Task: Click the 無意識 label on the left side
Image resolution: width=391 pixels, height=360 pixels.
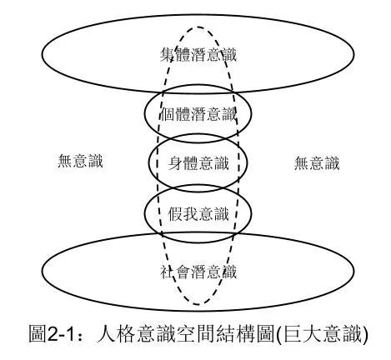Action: coord(76,162)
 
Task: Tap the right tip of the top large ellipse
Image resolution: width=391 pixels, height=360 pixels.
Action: coord(364,57)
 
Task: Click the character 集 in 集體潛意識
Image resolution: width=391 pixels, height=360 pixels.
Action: coord(167,56)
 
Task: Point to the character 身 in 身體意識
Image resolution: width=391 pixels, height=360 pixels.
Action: coord(173,162)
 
